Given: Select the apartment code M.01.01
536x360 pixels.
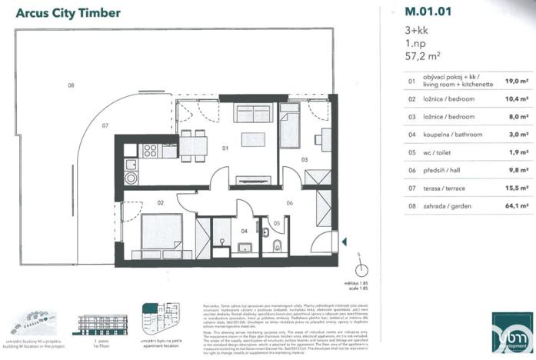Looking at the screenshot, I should point(427,12).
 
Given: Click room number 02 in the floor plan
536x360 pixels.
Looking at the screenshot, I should point(161,203).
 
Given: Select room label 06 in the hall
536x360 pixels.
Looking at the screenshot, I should point(290,203).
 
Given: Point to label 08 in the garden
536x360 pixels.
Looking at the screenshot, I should point(70,85).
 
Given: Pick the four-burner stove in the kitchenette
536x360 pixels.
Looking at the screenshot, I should point(149,150).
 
